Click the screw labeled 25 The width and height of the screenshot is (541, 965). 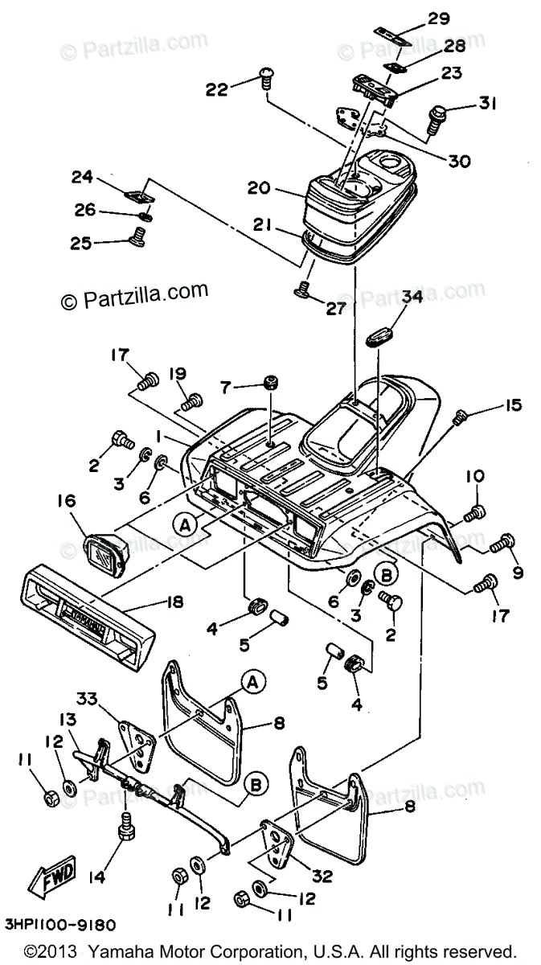(137, 236)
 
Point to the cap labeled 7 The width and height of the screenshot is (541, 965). (270, 388)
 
